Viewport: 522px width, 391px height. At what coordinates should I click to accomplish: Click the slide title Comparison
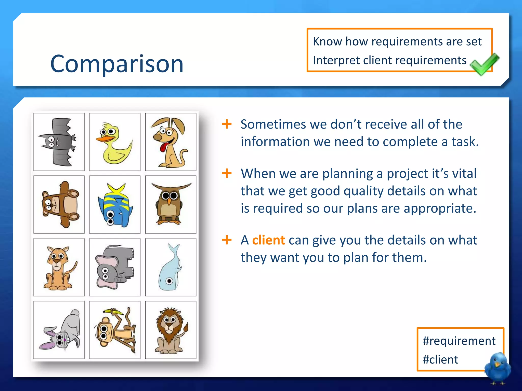pyautogui.click(x=117, y=64)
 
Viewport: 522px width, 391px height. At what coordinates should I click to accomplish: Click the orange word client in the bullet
pyautogui.click(x=268, y=240)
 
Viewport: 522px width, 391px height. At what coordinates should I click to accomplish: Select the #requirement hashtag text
pyautogui.click(x=459, y=341)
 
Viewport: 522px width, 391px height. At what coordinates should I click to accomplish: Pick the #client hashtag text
pyautogui.click(x=440, y=360)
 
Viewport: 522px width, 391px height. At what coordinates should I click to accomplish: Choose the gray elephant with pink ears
pyautogui.click(x=114, y=267)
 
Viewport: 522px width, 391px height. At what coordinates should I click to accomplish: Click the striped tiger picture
pyautogui.click(x=59, y=268)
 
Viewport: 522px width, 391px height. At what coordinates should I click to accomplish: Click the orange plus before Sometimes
pyautogui.click(x=227, y=124)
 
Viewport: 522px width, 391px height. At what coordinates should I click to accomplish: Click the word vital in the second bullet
pyautogui.click(x=464, y=174)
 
